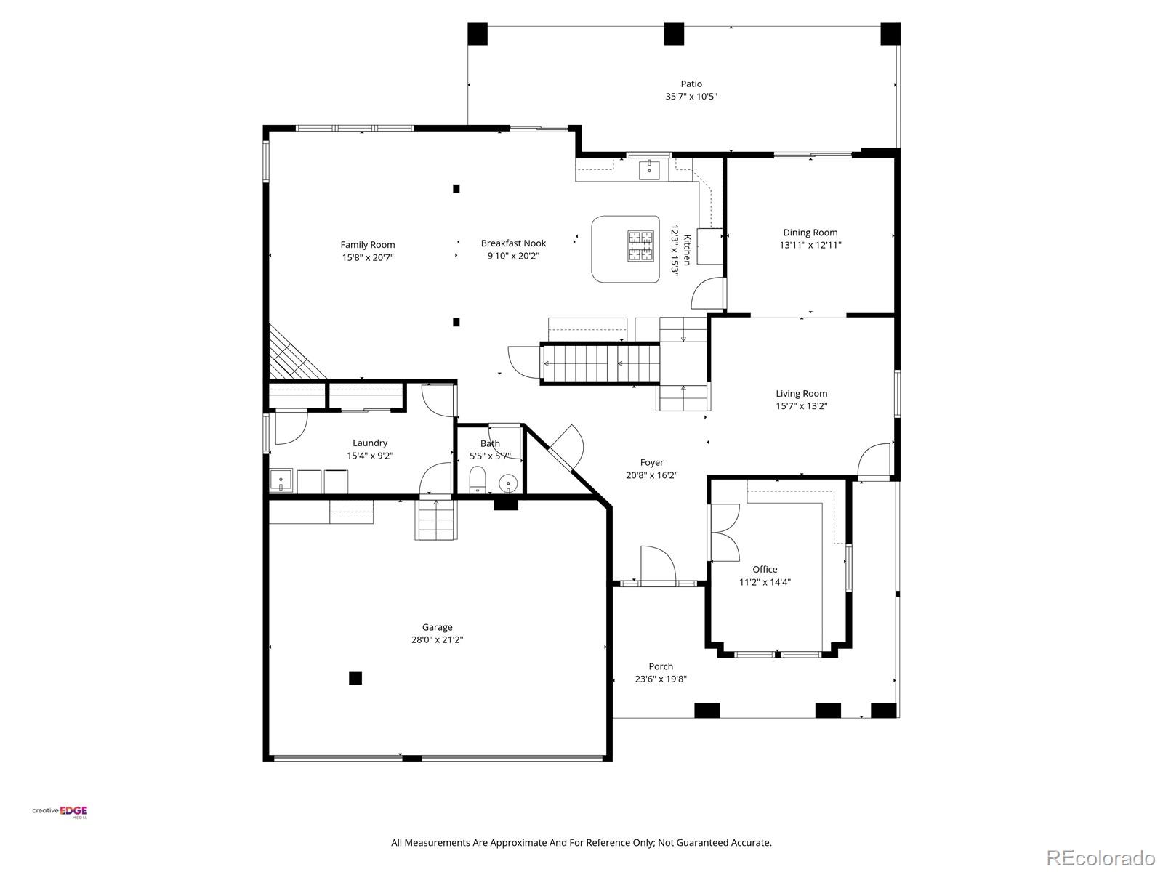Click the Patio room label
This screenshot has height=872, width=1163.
tap(691, 84)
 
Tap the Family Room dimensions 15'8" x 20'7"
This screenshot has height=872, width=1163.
tap(368, 257)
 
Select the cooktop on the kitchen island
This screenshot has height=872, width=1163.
tap(640, 246)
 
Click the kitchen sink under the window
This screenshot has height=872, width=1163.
tap(648, 170)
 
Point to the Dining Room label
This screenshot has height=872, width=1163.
tap(810, 233)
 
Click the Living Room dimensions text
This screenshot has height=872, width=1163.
tap(801, 406)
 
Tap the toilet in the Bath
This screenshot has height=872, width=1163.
tap(478, 479)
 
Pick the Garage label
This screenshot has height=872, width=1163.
tap(437, 627)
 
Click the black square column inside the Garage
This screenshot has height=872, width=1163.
tap(355, 678)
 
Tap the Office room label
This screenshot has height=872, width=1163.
tap(765, 569)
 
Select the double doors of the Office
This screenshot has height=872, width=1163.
tap(723, 532)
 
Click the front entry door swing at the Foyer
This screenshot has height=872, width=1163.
tap(658, 564)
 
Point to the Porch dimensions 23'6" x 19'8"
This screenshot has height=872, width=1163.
tap(661, 679)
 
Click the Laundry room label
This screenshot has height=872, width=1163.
tap(370, 443)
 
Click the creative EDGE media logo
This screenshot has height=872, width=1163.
tap(60, 812)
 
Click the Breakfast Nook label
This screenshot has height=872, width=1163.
tap(513, 243)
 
